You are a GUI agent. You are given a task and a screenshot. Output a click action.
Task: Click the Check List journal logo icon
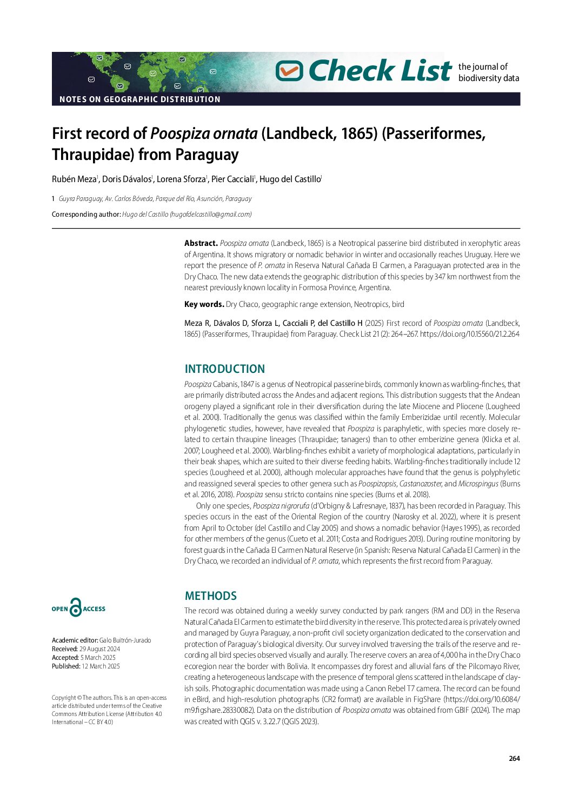(289, 71)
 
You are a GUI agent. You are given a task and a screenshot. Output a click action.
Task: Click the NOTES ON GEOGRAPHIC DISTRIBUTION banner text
(139, 99)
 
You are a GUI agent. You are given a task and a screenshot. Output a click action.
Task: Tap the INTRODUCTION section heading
(224, 369)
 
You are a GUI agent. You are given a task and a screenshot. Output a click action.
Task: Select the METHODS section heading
(210, 596)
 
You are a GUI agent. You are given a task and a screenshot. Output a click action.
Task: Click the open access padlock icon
(76, 608)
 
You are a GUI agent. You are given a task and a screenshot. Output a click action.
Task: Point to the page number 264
(514, 759)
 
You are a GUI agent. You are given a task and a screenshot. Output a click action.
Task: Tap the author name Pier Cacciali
(232, 179)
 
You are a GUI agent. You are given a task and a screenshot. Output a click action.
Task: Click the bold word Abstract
(201, 244)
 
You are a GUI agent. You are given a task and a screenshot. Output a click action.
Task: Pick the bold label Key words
(204, 304)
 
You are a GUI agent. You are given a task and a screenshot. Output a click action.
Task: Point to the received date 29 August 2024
(99, 649)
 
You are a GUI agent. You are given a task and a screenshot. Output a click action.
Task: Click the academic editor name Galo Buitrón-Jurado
(125, 640)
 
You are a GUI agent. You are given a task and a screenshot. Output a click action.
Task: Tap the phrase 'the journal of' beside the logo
(483, 66)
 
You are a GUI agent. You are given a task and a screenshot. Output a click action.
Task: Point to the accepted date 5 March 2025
(98, 658)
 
